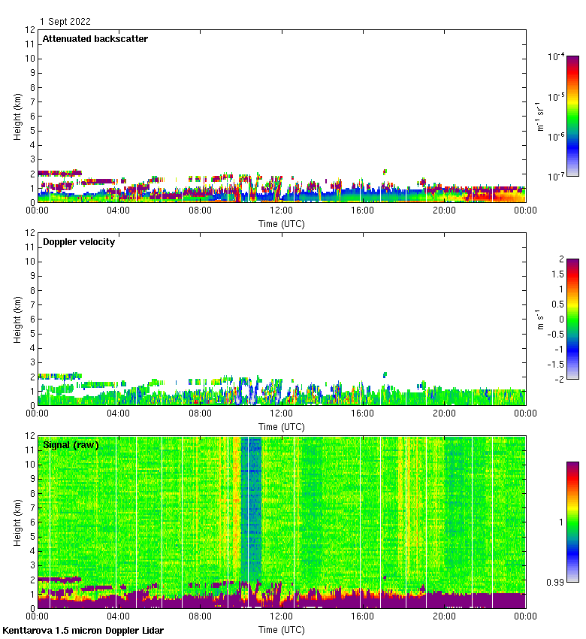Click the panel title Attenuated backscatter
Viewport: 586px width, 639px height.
(95, 39)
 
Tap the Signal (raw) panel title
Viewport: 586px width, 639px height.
(71, 445)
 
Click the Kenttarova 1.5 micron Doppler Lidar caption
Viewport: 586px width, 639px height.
(83, 631)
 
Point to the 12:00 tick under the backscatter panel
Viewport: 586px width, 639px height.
(282, 211)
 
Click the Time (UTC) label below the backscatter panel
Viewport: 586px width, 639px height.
(282, 223)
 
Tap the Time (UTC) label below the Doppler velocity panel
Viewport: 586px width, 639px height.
(282, 426)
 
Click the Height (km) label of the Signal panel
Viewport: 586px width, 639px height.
(17, 522)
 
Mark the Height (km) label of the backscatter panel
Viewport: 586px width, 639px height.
(17, 117)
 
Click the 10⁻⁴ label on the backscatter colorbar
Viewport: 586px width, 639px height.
(556, 56)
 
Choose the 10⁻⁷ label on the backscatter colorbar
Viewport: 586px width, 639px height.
(556, 177)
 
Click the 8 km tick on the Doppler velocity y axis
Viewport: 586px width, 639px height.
(31, 290)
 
